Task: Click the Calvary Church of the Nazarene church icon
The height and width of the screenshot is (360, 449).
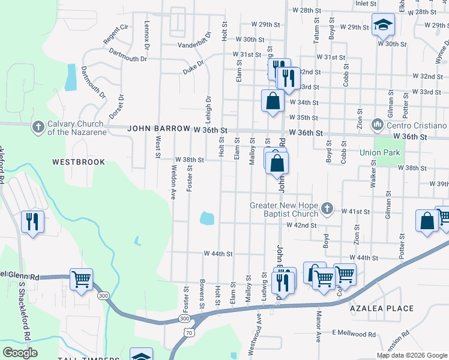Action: point(38,127)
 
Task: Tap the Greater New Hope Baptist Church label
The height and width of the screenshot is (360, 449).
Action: point(283,210)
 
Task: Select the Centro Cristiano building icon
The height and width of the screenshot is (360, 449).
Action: point(378,125)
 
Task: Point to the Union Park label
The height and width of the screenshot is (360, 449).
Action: point(379,153)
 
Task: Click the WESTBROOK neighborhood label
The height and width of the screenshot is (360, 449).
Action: point(78,162)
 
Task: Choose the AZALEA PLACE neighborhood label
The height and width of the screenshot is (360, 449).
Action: point(382,308)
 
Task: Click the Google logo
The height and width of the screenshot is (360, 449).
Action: point(20,353)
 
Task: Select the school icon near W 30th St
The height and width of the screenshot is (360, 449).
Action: point(382,25)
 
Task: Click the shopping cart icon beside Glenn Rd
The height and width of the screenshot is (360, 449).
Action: point(81,278)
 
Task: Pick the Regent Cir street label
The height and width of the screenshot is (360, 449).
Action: point(116,34)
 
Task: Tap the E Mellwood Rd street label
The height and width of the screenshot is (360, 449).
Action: point(354,334)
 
